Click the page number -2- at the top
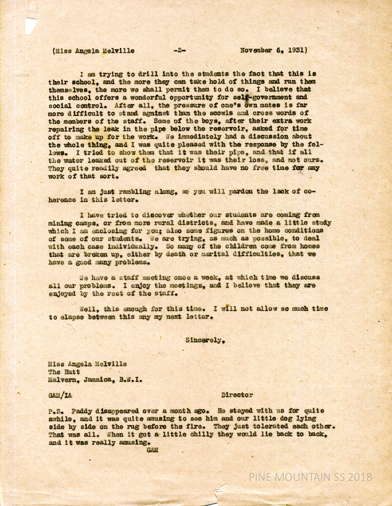pyautogui.click(x=180, y=51)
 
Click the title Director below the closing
pyautogui.click(x=237, y=395)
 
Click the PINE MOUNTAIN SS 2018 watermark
pyautogui.click(x=310, y=477)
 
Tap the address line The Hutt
pyautogui.click(x=64, y=372)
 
